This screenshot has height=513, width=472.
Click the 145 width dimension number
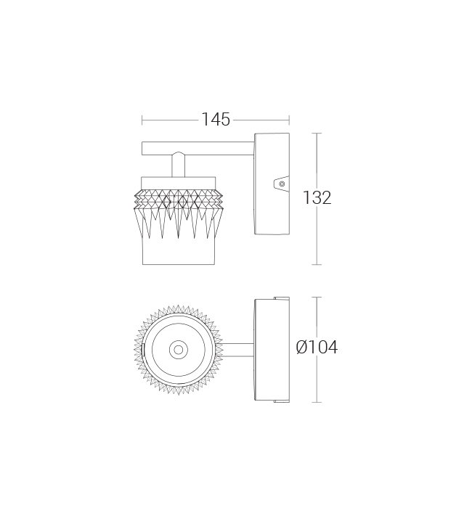pyautogui.click(x=216, y=119)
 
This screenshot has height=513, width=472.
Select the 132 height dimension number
pyautogui.click(x=317, y=197)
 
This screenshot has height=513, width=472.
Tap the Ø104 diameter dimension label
pyautogui.click(x=317, y=347)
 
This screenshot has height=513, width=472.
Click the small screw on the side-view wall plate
pyautogui.click(x=282, y=184)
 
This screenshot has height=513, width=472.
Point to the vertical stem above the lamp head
pyautogui.click(x=178, y=165)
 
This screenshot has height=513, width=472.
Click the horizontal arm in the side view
pyautogui.click(x=198, y=148)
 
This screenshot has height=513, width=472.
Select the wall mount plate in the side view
pyautogui.click(x=272, y=184)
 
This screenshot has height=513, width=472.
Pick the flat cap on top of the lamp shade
pyautogui.click(x=179, y=183)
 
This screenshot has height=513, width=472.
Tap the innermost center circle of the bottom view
pyautogui.click(x=179, y=350)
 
